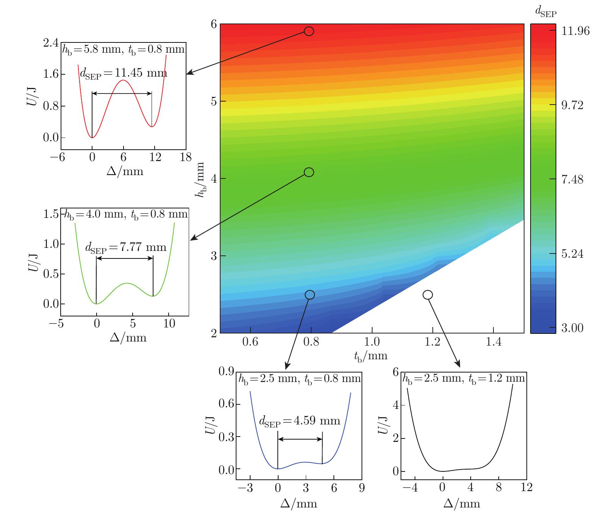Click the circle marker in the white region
pos(427,294)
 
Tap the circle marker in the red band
pos(309,31)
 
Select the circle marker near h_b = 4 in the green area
pos(309,172)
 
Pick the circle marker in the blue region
pos(310,294)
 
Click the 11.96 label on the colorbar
pos(575,31)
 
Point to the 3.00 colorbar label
pos(573,327)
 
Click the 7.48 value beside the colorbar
pos(573,179)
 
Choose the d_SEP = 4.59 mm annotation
pos(299,421)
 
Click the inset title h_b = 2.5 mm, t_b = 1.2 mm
pos(463,379)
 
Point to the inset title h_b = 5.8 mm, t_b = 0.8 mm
pos(124,49)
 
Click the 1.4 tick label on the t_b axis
pos(493,342)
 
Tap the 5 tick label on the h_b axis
pos(213,101)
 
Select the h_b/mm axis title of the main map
pos(199,180)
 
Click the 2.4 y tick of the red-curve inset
pos(51,42)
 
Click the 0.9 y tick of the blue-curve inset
pos(226,372)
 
